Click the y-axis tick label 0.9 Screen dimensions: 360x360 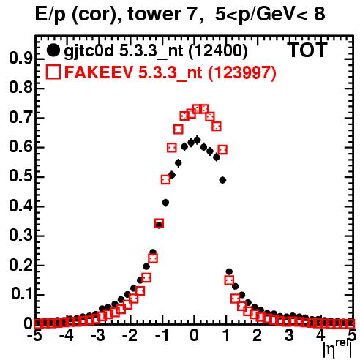click(21, 59)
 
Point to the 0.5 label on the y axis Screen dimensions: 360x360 click(21, 177)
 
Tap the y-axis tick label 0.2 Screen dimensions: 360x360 click(21, 265)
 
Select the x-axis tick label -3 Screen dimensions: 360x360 click(98, 335)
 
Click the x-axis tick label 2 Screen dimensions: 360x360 click(257, 335)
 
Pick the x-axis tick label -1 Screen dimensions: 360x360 click(162, 335)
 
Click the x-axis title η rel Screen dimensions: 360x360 click(337, 348)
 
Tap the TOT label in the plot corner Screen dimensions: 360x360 click(307, 50)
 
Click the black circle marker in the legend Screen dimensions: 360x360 click(53, 50)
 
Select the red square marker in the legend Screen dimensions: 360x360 click(53, 72)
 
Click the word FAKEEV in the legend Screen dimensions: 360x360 click(99, 72)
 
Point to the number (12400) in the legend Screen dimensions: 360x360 click(218, 50)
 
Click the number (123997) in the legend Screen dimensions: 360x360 click(242, 72)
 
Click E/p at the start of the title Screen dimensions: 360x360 click(50, 15)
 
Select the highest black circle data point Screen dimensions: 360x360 click(197, 140)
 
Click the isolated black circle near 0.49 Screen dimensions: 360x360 click(222, 180)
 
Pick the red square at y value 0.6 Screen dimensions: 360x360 click(172, 148)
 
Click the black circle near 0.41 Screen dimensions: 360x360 click(165, 203)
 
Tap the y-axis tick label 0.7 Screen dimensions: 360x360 click(21, 118)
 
